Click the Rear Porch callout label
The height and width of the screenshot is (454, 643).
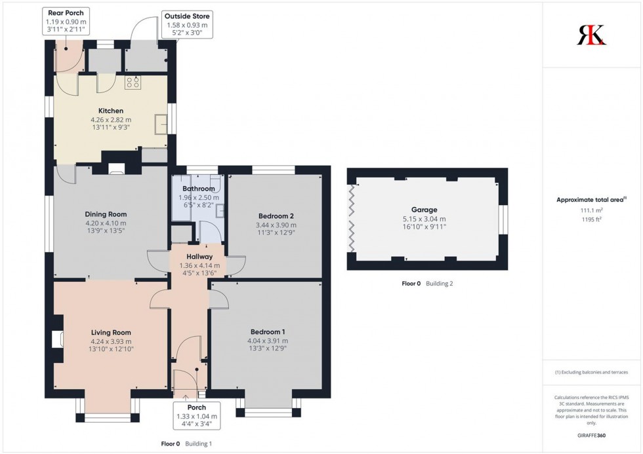(66, 21)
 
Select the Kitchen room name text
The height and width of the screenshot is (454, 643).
(111, 111)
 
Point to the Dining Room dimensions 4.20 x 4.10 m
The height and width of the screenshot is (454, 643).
(105, 223)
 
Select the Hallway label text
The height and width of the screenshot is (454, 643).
(199, 256)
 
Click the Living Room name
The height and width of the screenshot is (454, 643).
(111, 332)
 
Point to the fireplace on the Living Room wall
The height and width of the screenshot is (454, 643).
(57, 338)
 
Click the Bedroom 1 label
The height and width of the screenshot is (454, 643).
(267, 331)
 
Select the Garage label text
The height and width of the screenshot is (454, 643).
(425, 210)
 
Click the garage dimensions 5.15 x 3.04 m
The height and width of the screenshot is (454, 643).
(425, 219)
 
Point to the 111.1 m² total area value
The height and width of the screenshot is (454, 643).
(592, 210)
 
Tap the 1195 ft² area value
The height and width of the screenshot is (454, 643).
(592, 219)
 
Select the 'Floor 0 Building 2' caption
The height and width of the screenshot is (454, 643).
(427, 284)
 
